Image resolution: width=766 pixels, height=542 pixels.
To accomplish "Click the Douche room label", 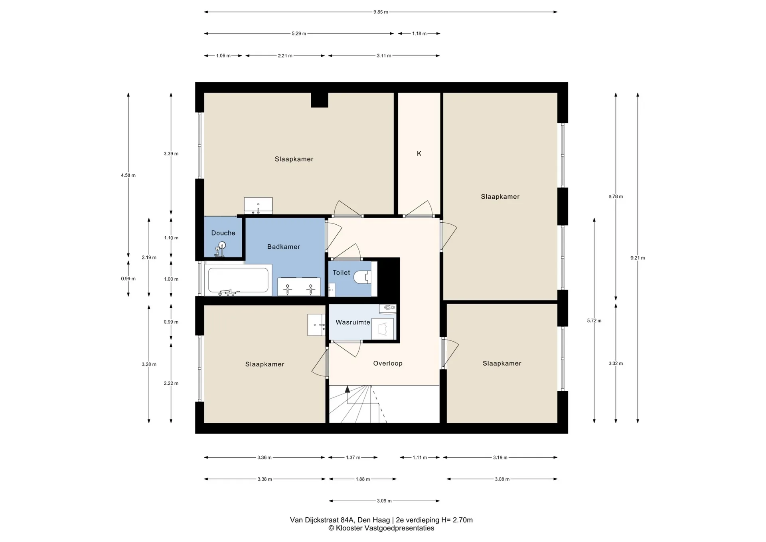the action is coord(223,233).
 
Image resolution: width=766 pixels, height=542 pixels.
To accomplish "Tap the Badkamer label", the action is coord(284,247).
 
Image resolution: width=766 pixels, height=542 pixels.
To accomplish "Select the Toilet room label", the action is coord(341,273).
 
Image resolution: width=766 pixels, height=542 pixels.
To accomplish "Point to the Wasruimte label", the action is coord(353,322).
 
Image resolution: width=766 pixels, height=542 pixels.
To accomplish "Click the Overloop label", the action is coord(388,363).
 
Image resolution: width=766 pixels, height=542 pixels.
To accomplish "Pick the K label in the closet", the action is coord(419,153).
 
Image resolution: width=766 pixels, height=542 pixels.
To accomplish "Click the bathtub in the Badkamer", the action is coord(238,280).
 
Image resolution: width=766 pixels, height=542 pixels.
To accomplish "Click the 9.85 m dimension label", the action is coord(381,12).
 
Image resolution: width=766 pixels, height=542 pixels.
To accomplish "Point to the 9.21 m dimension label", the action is coord(638,258).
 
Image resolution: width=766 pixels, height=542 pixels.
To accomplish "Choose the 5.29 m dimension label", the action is coord(299,34).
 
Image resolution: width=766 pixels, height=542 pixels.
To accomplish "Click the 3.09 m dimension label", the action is coord(384,500).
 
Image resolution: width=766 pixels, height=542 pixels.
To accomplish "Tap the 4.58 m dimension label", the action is coord(128,175).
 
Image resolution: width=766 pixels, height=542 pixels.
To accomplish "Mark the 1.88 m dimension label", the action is coord(363,479).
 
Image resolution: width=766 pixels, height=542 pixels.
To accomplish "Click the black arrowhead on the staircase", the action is coord(347,389).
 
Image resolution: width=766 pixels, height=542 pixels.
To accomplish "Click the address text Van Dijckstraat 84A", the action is coord(322,520).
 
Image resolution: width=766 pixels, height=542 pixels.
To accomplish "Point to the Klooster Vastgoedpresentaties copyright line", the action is coord(381,528).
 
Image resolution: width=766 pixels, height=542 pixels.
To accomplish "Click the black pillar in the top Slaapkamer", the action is coord(320,100).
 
